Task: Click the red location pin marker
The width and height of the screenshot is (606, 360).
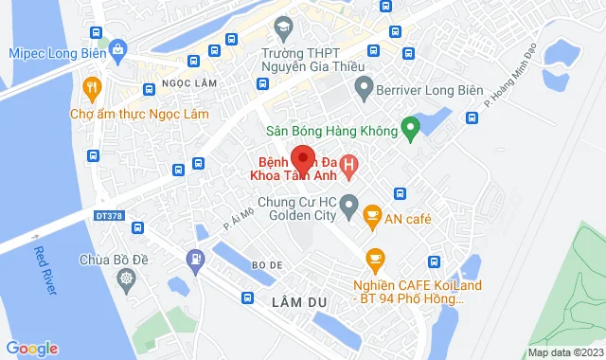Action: click(301, 159)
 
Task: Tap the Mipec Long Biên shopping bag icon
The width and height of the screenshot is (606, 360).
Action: click(117, 48)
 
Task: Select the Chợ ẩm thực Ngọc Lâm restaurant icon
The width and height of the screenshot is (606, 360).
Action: click(92, 90)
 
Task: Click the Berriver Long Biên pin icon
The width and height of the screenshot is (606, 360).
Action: click(362, 90)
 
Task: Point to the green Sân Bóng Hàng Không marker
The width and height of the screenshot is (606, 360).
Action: click(409, 127)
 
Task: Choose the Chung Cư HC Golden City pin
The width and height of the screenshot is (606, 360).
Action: click(348, 204)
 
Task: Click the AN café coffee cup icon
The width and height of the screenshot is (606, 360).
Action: click(372, 218)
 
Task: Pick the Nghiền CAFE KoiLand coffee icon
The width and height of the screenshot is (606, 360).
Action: click(376, 258)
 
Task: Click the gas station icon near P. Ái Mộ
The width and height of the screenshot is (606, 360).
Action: click(195, 257)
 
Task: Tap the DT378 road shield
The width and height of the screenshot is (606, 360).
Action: click(109, 216)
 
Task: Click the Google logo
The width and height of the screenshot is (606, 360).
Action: click(31, 348)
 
